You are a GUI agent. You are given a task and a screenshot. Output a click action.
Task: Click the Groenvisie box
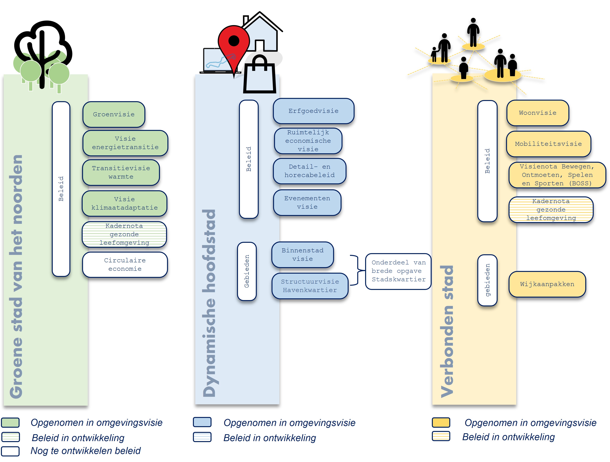tap(114, 114)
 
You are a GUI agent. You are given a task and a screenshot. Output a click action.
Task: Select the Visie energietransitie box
tap(125, 143)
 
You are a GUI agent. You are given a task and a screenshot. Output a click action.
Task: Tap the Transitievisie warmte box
tap(121, 172)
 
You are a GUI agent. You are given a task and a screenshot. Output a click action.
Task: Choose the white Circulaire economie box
tap(125, 264)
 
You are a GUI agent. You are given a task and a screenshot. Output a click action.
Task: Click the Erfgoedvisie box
tap(313, 111)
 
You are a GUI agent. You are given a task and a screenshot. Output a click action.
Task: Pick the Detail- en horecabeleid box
tap(310, 171)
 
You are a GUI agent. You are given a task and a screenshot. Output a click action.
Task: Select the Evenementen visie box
tap(307, 203)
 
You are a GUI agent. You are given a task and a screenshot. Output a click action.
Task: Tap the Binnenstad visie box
tap(303, 254)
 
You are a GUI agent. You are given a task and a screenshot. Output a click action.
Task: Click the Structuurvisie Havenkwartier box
tap(310, 286)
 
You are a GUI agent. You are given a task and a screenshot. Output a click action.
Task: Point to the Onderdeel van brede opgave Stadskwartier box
tap(398, 271)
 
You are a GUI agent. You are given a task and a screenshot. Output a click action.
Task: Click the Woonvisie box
tap(538, 113)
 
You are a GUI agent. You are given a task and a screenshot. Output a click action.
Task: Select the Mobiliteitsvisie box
tap(548, 144)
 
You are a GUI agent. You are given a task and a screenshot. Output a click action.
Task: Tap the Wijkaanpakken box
tap(547, 284)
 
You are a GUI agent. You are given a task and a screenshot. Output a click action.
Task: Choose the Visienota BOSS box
tap(557, 175)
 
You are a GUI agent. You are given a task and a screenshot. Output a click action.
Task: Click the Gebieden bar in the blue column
tap(247, 271)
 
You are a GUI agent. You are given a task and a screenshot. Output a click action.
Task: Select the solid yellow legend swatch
tap(441, 422)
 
